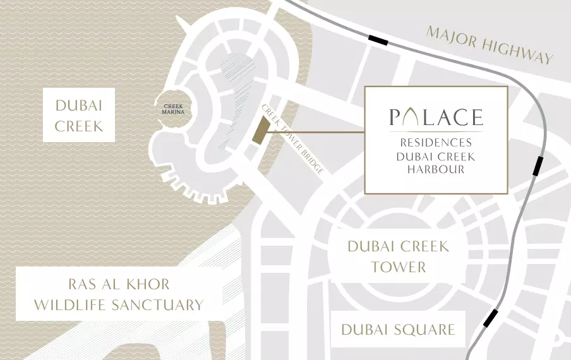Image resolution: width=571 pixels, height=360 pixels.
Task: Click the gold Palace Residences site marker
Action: point(260,133)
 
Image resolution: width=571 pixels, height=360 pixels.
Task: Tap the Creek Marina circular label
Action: point(173,109)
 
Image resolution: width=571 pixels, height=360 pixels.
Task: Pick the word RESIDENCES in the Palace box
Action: point(436,142)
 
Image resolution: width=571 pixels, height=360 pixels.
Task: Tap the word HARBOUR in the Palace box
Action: point(436,169)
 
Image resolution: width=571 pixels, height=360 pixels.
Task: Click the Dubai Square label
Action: point(398,330)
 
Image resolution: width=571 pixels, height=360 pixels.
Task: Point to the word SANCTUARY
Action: point(157,305)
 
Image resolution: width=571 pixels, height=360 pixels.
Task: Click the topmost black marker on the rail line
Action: point(378,40)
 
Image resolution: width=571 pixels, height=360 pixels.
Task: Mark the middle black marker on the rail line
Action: point(538,165)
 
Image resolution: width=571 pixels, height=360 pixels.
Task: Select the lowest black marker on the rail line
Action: point(490,318)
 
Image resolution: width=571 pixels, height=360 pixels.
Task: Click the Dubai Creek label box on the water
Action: point(78,115)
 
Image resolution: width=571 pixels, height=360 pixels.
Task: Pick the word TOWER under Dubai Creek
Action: point(398,267)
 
